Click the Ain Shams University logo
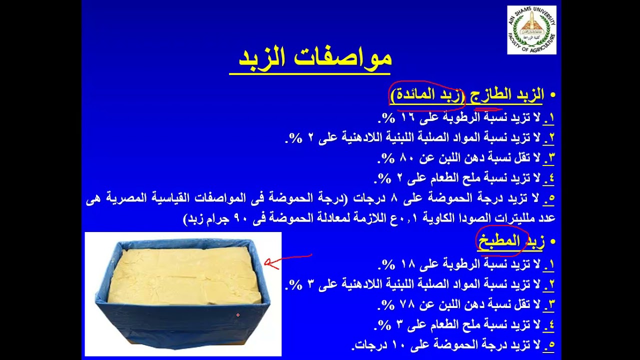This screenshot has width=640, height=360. [531, 29]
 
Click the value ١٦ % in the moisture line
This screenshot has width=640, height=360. [395, 117]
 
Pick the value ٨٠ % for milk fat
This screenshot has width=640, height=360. [395, 158]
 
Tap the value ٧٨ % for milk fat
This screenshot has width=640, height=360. [395, 304]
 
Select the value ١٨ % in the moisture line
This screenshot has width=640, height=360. [395, 263]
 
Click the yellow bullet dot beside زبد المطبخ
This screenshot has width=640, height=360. [552, 242]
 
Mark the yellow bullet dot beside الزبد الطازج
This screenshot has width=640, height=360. [552, 95]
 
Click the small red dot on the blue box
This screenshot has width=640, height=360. [238, 315]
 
